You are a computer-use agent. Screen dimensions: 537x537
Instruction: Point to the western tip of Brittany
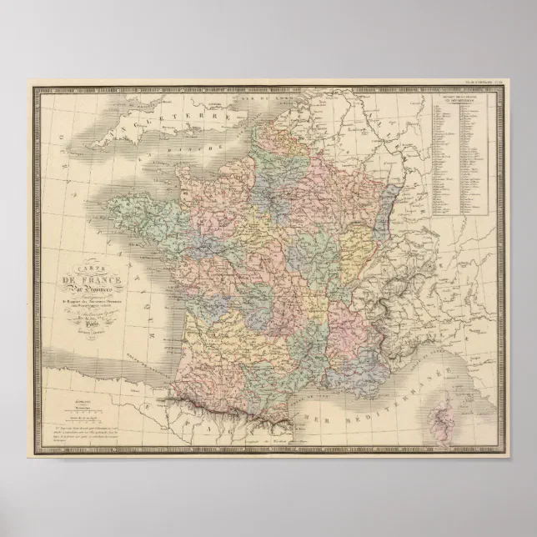[x=113, y=204]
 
